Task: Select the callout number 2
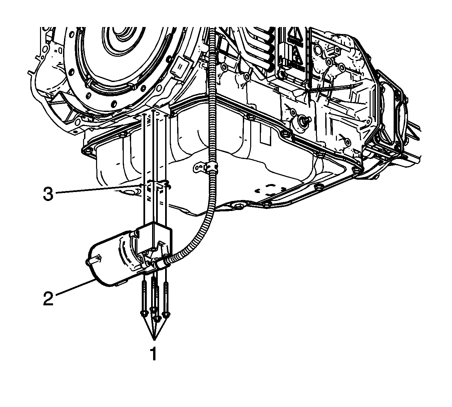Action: click(48, 299)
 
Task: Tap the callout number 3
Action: click(48, 194)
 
